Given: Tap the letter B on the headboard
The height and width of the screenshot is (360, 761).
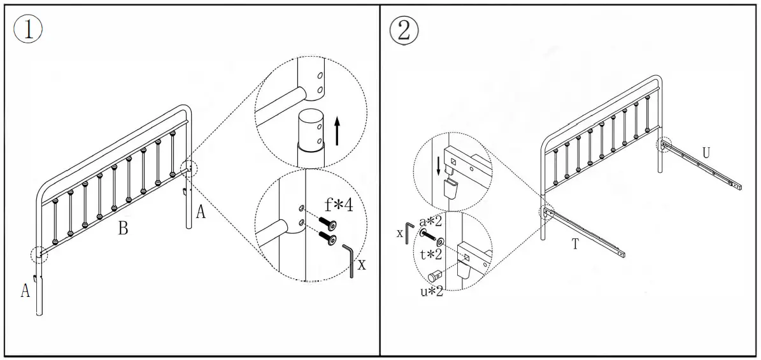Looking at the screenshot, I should coord(123,229).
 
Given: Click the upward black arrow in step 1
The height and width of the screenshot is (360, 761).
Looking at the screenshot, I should coord(337,131).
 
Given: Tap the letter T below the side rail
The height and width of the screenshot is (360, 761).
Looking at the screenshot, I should coord(575,244).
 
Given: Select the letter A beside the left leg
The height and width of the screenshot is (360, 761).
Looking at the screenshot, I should coord(25,291).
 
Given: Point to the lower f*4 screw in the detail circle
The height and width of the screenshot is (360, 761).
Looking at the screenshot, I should coord(329,238).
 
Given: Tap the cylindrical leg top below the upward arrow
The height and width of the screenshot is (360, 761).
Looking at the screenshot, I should coord(311,131).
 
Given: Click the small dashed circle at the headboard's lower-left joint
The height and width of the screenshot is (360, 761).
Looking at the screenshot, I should coord(38,254).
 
